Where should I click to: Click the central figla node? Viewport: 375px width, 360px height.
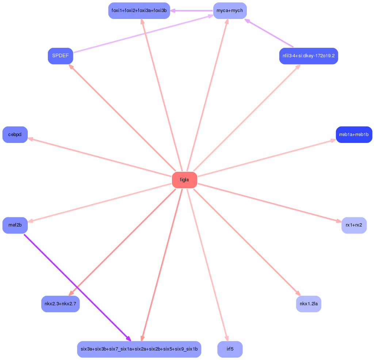(x=184, y=180)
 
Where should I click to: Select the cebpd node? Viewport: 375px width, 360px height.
(x=15, y=135)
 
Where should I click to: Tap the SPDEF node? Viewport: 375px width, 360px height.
(x=61, y=56)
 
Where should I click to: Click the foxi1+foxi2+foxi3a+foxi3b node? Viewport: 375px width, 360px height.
(x=139, y=11)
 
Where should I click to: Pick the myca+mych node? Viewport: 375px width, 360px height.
(x=230, y=11)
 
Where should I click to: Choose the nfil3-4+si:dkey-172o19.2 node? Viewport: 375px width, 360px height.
(x=309, y=56)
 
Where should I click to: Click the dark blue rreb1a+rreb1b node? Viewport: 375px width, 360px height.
(x=354, y=135)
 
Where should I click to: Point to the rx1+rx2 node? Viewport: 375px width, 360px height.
(x=354, y=225)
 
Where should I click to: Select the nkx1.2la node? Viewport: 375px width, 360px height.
(x=309, y=304)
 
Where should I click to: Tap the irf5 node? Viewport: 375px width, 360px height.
(x=230, y=349)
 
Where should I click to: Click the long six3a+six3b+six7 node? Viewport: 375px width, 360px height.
(x=139, y=349)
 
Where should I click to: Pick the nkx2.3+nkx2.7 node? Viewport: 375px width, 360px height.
(x=61, y=304)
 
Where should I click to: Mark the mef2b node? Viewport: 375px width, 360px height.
(x=15, y=225)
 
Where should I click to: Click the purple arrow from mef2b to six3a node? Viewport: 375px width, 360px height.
(x=77, y=288)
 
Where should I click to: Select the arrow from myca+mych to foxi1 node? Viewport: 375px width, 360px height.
(x=192, y=11)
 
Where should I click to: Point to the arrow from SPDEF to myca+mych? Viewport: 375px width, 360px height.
(x=144, y=34)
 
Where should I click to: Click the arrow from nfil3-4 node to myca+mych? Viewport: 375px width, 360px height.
(x=269, y=33)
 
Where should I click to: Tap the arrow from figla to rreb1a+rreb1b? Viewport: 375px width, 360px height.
(x=267, y=158)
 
